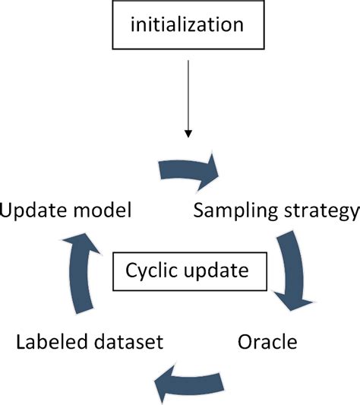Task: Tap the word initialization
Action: [187, 26]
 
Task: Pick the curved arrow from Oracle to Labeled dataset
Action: [191, 378]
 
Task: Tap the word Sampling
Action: [229, 212]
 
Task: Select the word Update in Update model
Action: [32, 210]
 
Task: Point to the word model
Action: [103, 210]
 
